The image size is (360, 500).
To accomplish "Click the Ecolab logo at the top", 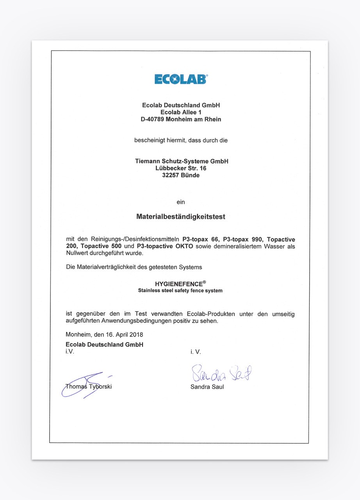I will click(181, 79).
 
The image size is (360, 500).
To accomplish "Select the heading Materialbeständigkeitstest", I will click(181, 216).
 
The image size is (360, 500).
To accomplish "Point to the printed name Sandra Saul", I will click(207, 387).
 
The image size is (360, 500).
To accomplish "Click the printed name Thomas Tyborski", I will click(88, 387).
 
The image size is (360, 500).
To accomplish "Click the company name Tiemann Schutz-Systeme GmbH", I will click(181, 161).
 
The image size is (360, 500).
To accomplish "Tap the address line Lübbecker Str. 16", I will click(181, 168).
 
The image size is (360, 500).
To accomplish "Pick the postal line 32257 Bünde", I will click(181, 175).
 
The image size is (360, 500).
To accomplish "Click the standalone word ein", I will click(181, 202).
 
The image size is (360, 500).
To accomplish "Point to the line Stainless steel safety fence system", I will click(180, 291).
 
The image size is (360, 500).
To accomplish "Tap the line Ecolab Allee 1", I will click(181, 112).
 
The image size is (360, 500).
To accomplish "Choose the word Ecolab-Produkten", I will click(211, 314).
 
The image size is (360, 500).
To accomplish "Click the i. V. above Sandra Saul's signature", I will click(196, 352).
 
